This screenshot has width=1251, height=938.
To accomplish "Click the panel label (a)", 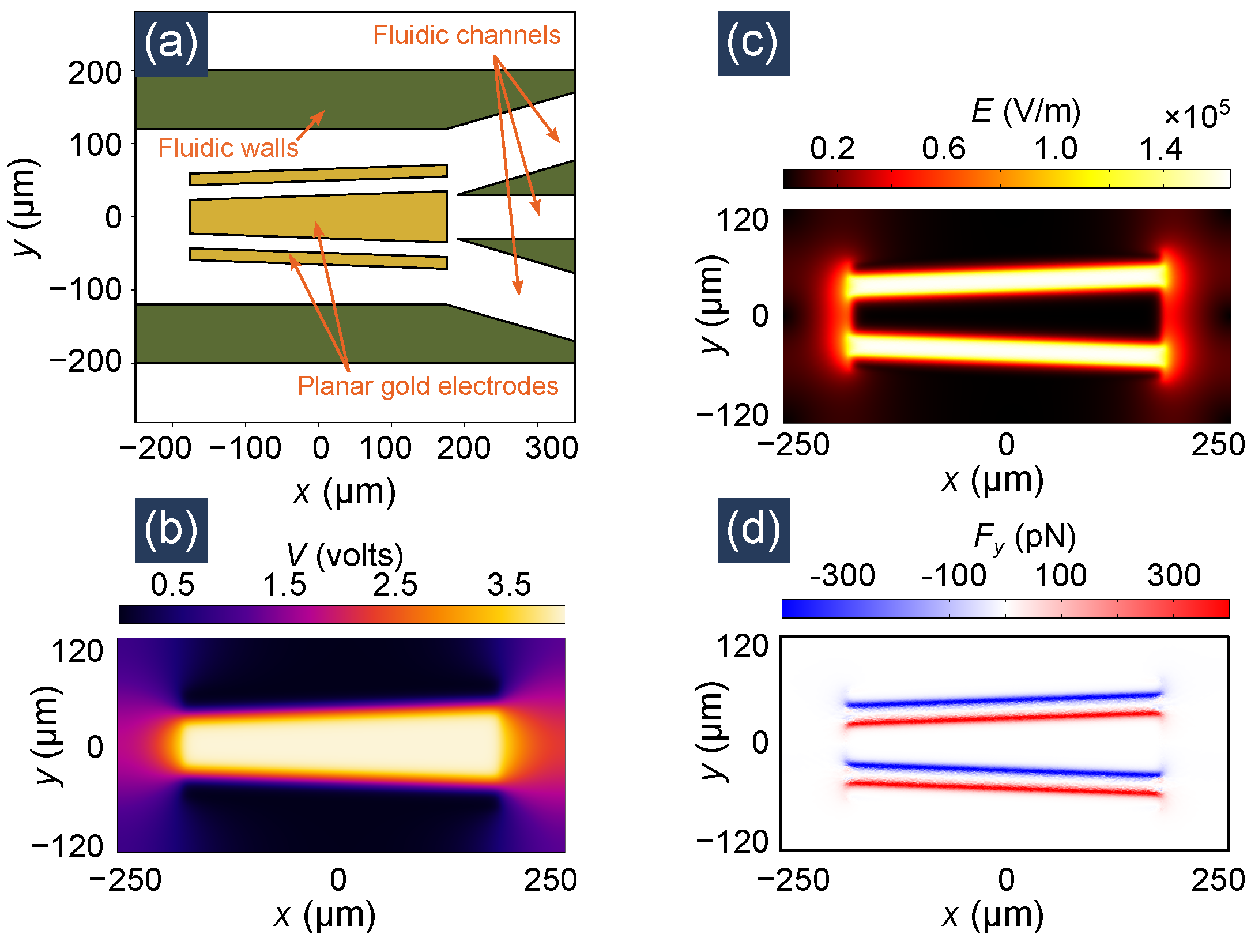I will tap(171, 44).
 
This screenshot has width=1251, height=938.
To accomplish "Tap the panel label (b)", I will tap(171, 530).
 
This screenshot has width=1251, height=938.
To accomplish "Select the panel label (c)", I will tap(753, 44).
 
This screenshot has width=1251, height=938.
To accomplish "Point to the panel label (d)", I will tap(753, 530).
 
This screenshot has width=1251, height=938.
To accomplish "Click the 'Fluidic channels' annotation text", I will tap(466, 35).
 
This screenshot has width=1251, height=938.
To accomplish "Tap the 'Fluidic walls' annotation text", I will tap(228, 148).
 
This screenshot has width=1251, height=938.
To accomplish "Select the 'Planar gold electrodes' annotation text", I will tap(428, 386).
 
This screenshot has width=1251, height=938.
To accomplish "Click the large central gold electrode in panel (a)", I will tap(318, 217).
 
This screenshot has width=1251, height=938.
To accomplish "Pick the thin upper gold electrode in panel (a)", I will tap(318, 175).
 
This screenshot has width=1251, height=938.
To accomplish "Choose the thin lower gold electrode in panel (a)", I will tap(318, 258).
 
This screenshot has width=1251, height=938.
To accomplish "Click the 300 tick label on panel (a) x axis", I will tap(551, 448).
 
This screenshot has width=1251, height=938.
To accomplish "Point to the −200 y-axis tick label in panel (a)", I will tap(86, 362).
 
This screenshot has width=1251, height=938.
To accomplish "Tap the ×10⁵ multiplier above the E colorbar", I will tap(1197, 115).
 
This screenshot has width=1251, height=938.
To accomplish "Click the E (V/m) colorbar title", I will tap(1026, 111).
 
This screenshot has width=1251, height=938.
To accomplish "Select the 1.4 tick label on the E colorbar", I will tap(1161, 149).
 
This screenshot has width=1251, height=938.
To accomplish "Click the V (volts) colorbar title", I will tap(345, 555).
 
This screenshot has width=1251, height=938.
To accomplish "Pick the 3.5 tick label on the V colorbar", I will tap(508, 585).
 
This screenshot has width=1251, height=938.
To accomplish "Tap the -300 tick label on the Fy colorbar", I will tap(842, 575).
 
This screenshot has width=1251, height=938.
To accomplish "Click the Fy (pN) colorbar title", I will tap(1024, 537).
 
